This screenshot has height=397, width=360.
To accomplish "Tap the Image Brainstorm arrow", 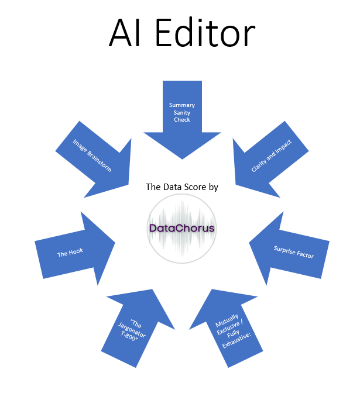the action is click(x=94, y=158).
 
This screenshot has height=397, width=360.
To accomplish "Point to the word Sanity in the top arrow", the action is click(x=182, y=112).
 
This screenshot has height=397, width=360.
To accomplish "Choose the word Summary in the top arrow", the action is click(x=182, y=105).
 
